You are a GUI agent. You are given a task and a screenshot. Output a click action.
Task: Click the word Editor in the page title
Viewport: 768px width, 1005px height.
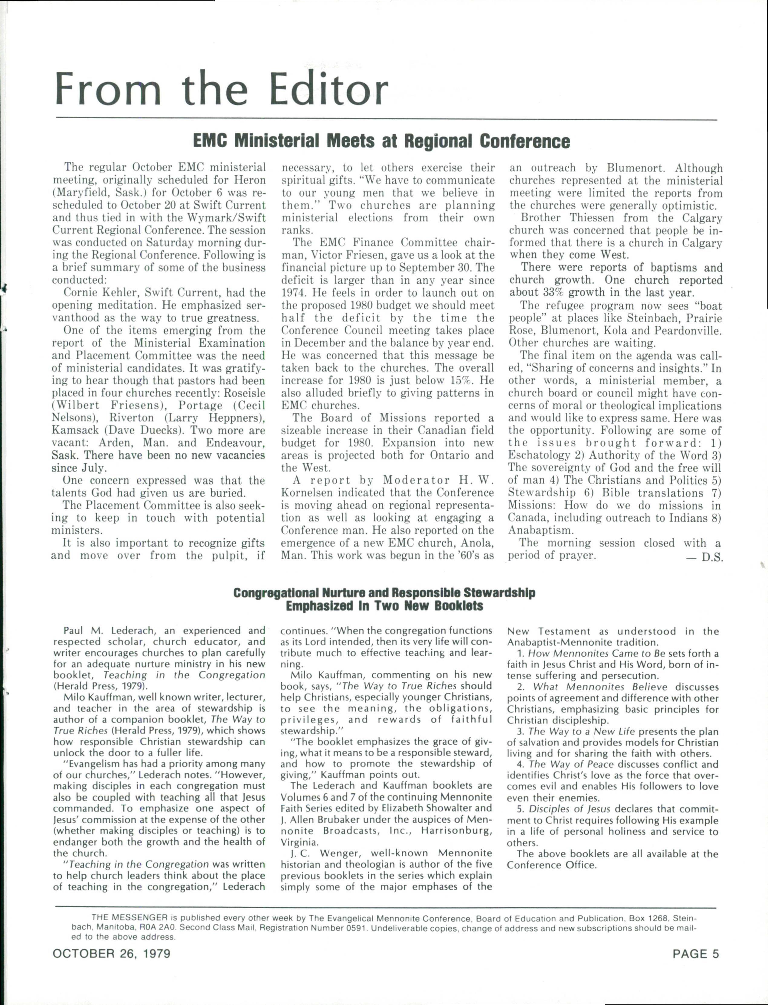click(x=328, y=89)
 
